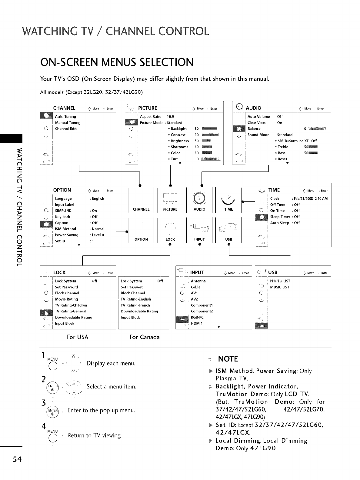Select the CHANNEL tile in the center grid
(x=141, y=200)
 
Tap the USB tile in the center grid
(x=228, y=230)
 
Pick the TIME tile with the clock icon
(x=228, y=200)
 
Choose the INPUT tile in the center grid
(x=199, y=230)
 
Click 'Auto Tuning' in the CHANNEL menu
(x=65, y=117)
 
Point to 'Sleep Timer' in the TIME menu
(x=280, y=217)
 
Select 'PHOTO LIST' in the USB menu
(x=280, y=281)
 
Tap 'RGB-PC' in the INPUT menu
(x=197, y=318)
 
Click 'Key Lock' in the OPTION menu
(x=63, y=217)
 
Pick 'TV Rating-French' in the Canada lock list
(x=135, y=305)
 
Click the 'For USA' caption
(x=78, y=337)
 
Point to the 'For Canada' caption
(x=145, y=337)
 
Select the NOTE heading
(x=228, y=359)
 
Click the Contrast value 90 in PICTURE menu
(x=197, y=135)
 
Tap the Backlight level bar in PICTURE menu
(x=209, y=129)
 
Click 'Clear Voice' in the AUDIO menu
(x=257, y=123)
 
